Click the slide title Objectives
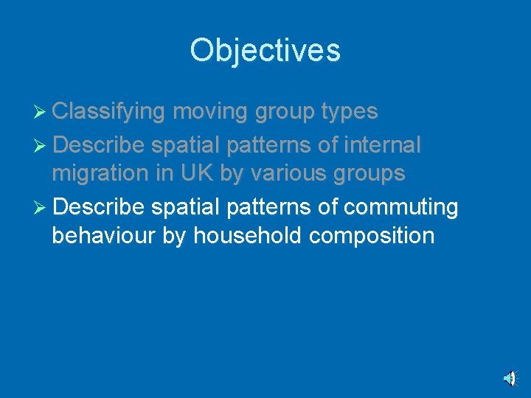pyautogui.click(x=265, y=51)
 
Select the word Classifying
pyautogui.click(x=108, y=111)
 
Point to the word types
pyautogui.click(x=350, y=111)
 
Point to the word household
pyautogui.click(x=245, y=236)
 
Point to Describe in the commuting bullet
pyautogui.click(x=99, y=207)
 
